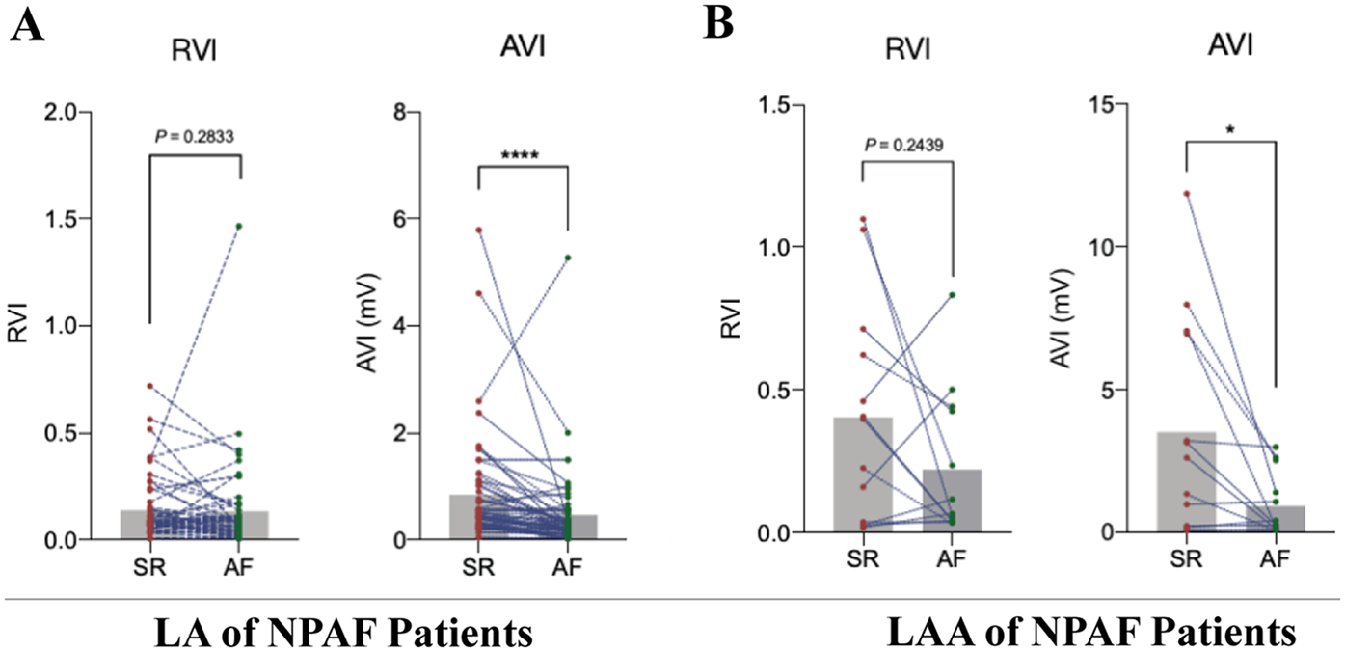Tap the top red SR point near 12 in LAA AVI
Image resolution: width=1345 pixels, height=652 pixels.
coord(1186,193)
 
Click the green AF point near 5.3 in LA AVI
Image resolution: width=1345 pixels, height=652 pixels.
coord(569,258)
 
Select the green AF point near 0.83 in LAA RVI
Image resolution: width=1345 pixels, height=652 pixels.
coord(953,295)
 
